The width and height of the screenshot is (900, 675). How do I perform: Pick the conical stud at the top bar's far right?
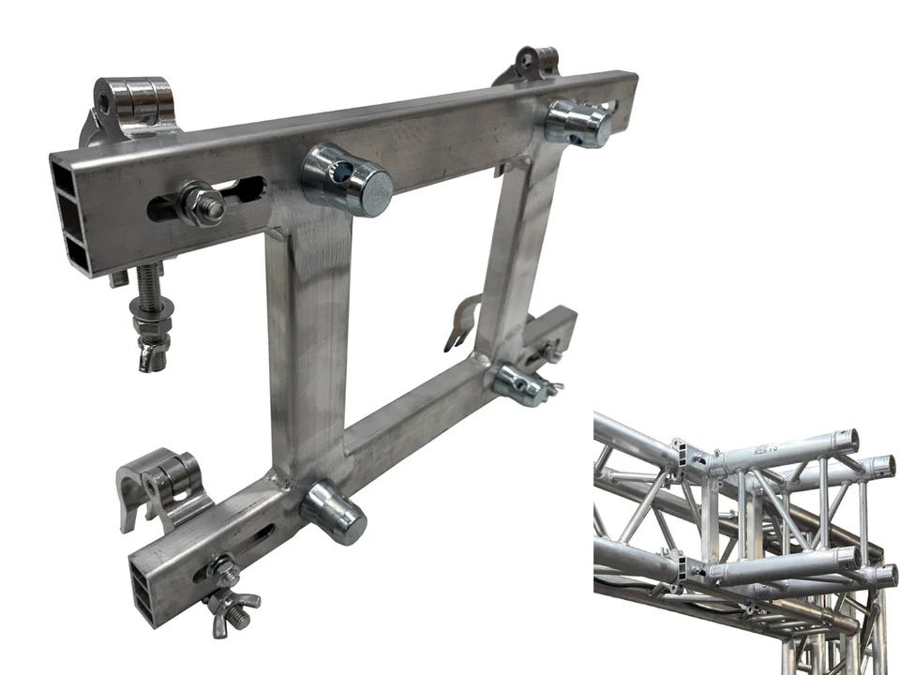(577, 123)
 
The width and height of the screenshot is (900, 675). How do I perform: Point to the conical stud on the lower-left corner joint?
(334, 511)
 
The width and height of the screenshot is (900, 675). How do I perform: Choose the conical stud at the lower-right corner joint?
(517, 382)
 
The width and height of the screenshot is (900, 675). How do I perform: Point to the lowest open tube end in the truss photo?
(882, 573)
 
